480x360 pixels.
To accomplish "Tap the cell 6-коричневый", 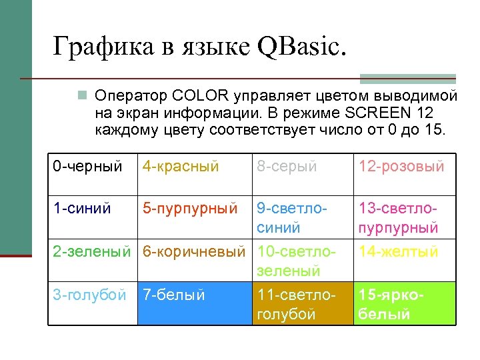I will click(194, 252).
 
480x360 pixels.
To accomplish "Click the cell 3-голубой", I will click(89, 295).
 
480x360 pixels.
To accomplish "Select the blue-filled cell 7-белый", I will click(193, 303).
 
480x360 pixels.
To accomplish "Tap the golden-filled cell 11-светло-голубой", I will click(301, 303).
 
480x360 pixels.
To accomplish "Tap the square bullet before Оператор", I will click(83, 95).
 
